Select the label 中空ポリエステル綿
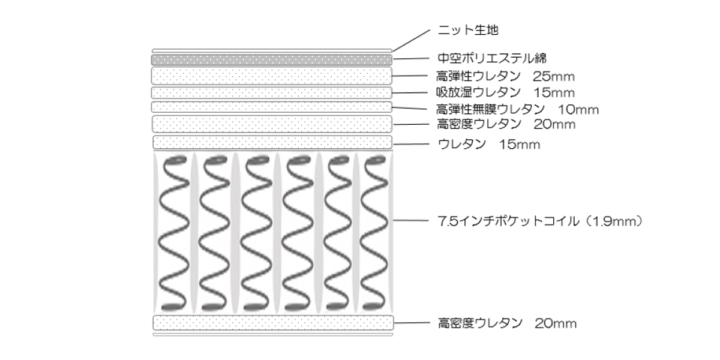pyautogui.click(x=491, y=59)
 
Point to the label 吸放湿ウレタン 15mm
pyautogui.click(x=505, y=92)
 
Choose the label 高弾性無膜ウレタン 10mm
pyautogui.click(x=517, y=109)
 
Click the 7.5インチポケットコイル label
pyautogui.click(x=540, y=221)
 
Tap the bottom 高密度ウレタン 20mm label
pyautogui.click(x=506, y=324)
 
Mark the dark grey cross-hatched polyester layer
pyautogui.click(x=272, y=59)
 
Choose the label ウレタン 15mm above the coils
pyautogui.click(x=490, y=145)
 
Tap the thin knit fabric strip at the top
pyautogui.click(x=272, y=50)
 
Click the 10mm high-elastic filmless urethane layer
pyautogui.click(x=272, y=107)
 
